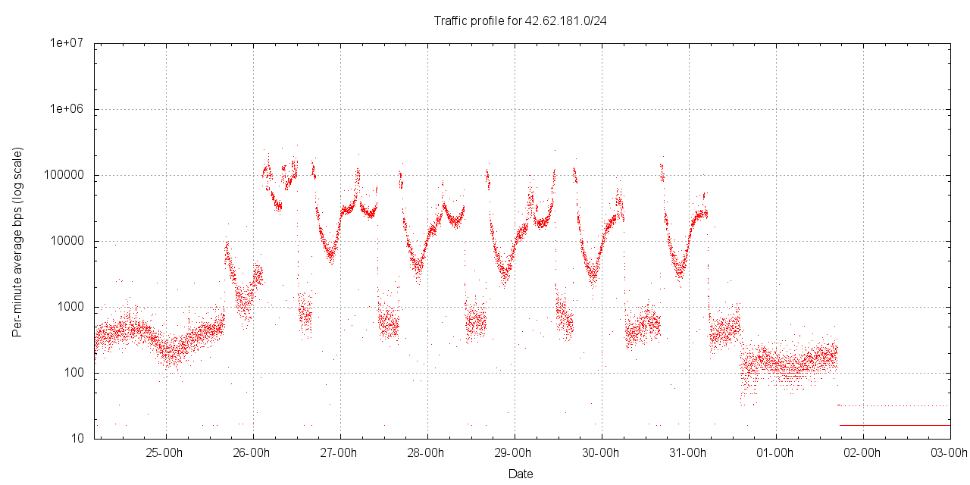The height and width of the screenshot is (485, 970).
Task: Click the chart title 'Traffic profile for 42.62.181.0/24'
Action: click(x=520, y=21)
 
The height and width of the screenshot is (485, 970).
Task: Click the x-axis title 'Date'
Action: click(x=521, y=474)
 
